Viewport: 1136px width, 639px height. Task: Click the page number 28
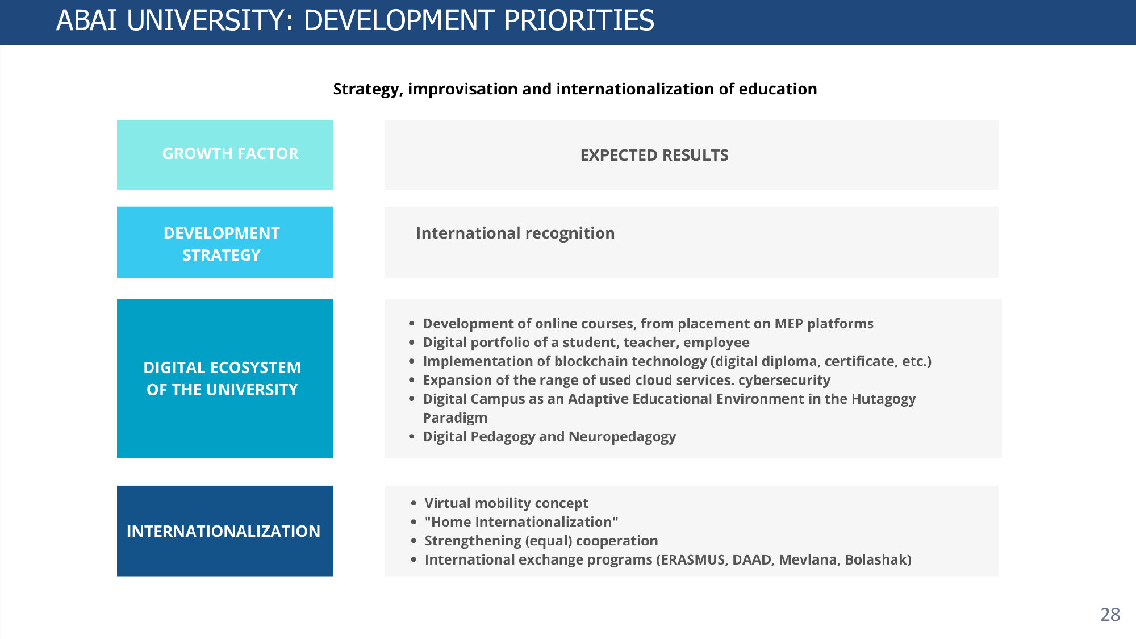pyautogui.click(x=1110, y=615)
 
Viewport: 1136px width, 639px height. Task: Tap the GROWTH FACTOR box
pyautogui.click(x=225, y=154)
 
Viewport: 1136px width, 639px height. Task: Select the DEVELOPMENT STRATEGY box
pyautogui.click(x=225, y=242)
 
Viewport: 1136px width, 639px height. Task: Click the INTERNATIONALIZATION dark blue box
pyautogui.click(x=225, y=531)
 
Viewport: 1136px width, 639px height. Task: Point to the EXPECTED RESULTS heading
pyautogui.click(x=654, y=155)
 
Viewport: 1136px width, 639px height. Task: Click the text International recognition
pyautogui.click(x=515, y=233)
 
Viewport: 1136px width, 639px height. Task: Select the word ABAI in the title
pyautogui.click(x=86, y=20)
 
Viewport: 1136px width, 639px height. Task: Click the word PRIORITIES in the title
pyautogui.click(x=579, y=20)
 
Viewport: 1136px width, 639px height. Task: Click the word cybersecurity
pyautogui.click(x=784, y=380)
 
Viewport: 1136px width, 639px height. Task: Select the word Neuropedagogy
pyautogui.click(x=622, y=437)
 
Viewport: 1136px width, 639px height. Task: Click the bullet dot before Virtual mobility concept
pyautogui.click(x=414, y=503)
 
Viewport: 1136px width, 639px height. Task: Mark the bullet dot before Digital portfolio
pyautogui.click(x=412, y=343)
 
